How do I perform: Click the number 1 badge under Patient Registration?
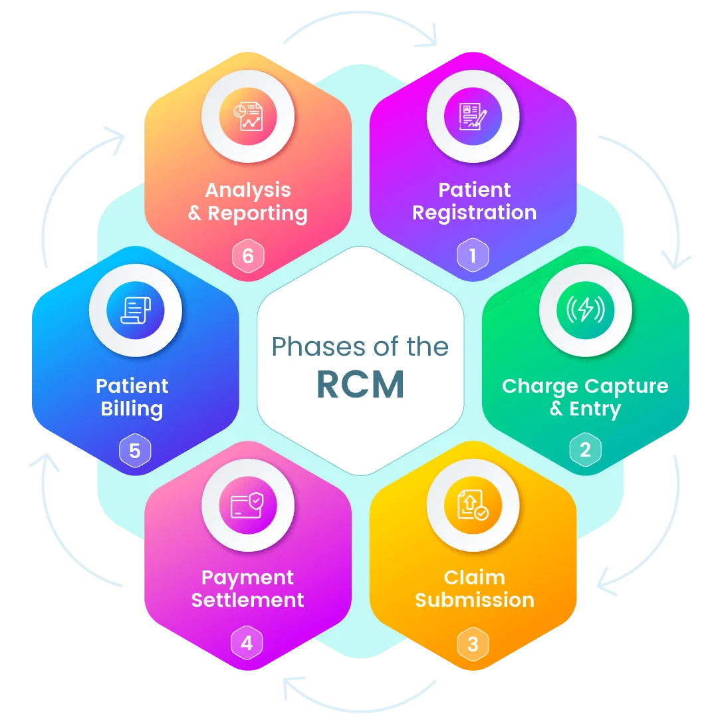473,256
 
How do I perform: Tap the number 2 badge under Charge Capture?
585,450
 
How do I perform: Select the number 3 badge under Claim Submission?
473,644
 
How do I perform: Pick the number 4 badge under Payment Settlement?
247,644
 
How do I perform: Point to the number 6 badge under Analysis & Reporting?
248,256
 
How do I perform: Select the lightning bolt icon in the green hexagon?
585,310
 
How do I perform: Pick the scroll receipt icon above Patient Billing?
135,310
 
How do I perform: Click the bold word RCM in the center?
360,385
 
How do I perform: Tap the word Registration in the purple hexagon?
474,213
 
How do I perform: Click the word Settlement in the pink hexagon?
247,600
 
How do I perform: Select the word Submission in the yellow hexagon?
474,600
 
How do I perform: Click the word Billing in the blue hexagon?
132,408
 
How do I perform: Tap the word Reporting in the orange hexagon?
257,213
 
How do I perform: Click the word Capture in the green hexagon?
628,386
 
